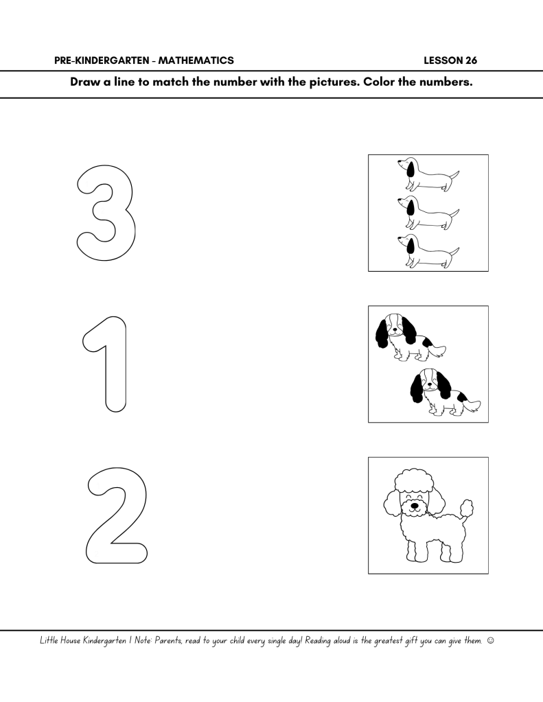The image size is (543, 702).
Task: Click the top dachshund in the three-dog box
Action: click(x=428, y=174)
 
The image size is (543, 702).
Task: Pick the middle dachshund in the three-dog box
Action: click(x=428, y=212)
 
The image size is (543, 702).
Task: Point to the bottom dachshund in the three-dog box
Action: click(x=428, y=250)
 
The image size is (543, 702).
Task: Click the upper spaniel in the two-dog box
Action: click(x=408, y=337)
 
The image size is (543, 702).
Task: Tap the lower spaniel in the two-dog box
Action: click(x=443, y=391)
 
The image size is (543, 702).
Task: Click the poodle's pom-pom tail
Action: click(x=467, y=508)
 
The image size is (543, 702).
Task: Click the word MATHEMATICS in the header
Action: click(x=196, y=60)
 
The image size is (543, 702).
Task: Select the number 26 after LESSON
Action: click(x=472, y=60)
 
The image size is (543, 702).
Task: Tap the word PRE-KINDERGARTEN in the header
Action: click(x=102, y=60)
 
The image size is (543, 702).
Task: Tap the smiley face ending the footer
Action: click(x=490, y=641)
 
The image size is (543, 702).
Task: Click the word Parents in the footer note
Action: click(x=168, y=641)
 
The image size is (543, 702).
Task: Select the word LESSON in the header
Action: click(x=443, y=60)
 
